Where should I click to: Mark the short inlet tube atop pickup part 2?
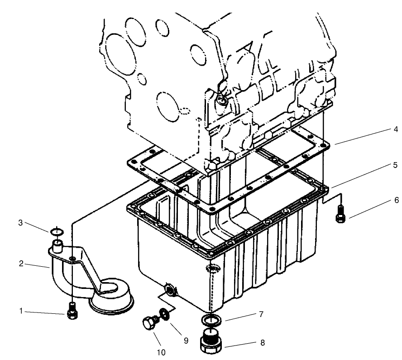57,247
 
